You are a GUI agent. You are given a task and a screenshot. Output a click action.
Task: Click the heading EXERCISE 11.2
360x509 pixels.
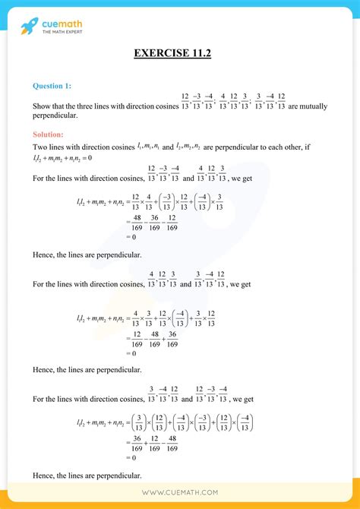pos(180,53)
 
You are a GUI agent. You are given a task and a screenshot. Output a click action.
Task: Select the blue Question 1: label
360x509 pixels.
pos(52,86)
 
